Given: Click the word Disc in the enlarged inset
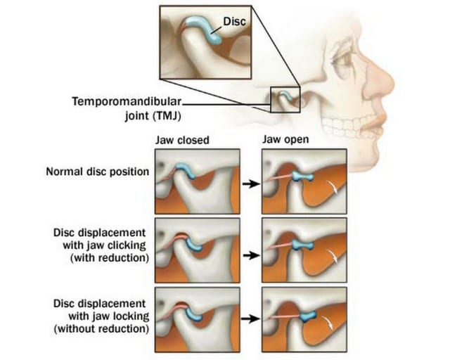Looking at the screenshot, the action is click(x=234, y=21).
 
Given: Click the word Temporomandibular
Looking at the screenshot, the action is click(x=127, y=102).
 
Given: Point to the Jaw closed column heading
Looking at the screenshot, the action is click(x=182, y=140).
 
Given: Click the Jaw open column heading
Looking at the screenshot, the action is click(x=285, y=139).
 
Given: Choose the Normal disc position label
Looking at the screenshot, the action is click(x=98, y=172).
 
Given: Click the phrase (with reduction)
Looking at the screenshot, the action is click(x=110, y=258).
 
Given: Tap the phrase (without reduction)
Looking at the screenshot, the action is click(x=101, y=328).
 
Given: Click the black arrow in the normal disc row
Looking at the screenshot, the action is click(x=251, y=184).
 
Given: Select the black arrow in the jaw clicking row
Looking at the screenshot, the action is click(x=251, y=255).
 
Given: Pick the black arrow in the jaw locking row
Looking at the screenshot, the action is click(x=250, y=319).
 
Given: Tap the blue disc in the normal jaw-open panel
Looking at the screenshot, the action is click(x=302, y=176).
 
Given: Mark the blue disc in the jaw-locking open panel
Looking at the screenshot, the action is click(x=308, y=316).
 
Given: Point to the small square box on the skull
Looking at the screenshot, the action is click(x=285, y=100).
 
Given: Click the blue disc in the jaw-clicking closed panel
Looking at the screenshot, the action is click(x=193, y=245).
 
